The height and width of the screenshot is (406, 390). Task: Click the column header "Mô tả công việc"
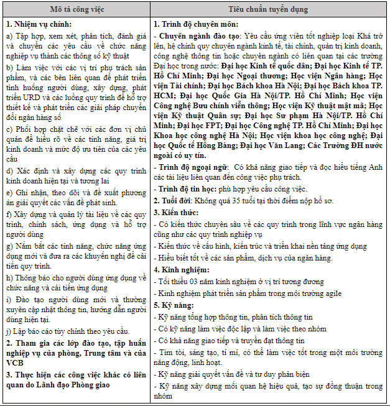click(x=77, y=11)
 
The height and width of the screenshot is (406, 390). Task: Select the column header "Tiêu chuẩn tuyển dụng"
click(x=268, y=11)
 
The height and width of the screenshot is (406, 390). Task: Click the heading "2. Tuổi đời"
click(x=175, y=200)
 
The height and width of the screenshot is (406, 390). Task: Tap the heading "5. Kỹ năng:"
click(x=174, y=305)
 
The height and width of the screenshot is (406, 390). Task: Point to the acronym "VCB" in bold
click(x=16, y=362)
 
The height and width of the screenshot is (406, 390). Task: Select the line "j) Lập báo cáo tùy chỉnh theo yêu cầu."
click(x=68, y=331)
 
